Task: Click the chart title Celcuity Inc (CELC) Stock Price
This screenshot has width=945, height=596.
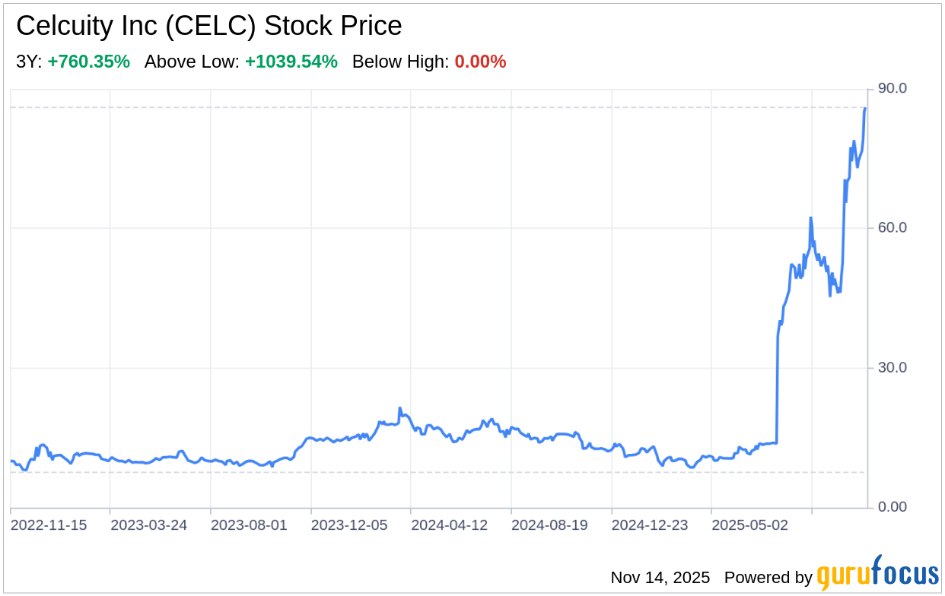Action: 208,27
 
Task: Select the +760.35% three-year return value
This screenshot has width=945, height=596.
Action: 88,62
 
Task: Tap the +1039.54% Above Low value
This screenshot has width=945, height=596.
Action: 291,62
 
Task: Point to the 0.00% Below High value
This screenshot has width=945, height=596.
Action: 480,62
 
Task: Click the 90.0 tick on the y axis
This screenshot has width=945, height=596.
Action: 892,89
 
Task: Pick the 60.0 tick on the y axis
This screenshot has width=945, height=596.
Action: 892,228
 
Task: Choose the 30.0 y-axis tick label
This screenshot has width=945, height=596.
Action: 892,368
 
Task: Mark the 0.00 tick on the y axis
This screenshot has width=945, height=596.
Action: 892,507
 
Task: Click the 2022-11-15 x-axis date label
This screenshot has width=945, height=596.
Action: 49,525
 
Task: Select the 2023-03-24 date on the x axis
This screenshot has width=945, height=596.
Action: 148,525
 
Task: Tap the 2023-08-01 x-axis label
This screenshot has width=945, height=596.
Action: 249,525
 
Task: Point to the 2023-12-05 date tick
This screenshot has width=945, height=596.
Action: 349,525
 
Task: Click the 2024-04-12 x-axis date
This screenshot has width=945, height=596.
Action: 449,525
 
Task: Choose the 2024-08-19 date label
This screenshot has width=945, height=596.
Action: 549,525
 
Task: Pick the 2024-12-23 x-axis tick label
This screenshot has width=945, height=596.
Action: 650,525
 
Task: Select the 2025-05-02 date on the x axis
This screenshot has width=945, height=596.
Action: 749,525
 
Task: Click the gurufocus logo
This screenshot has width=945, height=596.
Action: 877,574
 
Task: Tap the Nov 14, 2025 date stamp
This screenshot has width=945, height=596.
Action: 660,578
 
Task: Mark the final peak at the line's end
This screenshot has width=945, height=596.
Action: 865,109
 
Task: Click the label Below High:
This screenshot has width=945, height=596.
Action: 400,62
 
